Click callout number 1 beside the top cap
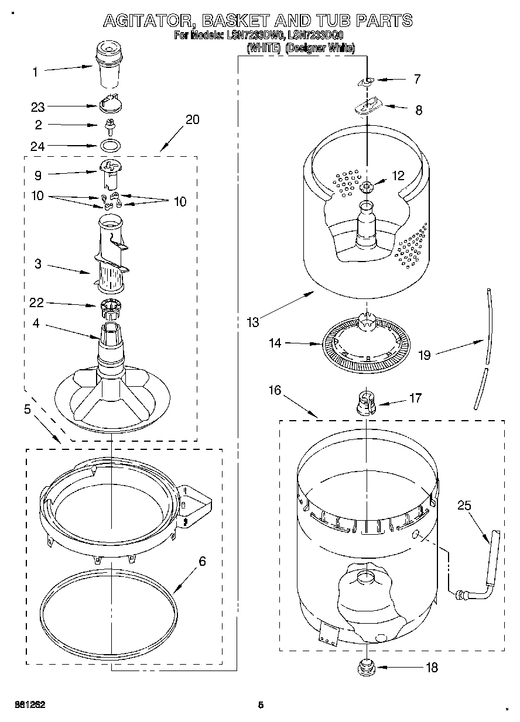coord(35,72)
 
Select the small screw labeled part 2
coord(109,125)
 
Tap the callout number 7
coord(417,79)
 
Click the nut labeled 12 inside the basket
coord(367,187)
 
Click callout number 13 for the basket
coord(252,321)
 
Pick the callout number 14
coord(275,343)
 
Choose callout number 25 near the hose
coord(464,506)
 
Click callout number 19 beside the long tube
coord(425,355)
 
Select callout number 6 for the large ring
coord(202,562)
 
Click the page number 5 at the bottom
coord(261,705)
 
